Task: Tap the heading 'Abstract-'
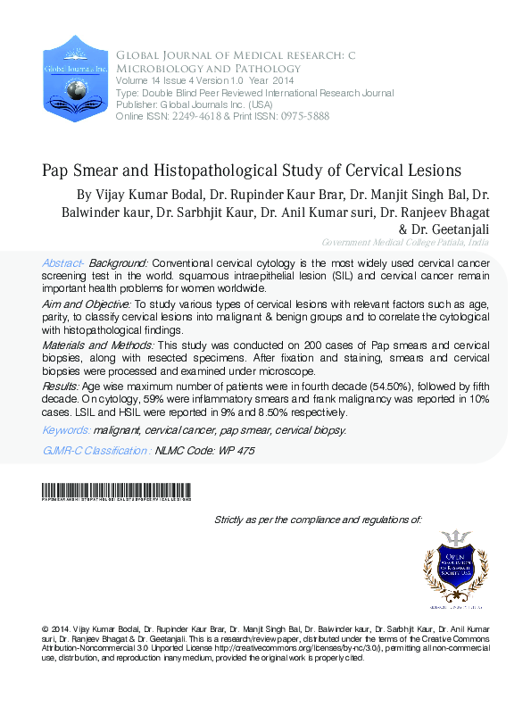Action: click(x=63, y=263)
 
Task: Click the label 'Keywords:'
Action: click(x=66, y=430)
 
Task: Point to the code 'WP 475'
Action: click(x=236, y=452)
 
